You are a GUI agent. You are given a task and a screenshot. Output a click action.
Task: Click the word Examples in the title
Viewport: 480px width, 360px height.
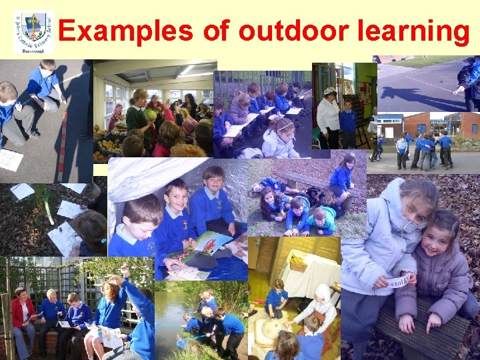(124, 31)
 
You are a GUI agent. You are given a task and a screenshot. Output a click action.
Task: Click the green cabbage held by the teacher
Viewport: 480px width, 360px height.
(150, 114)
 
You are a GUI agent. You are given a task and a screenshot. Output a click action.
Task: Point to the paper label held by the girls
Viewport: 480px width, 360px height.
(399, 281)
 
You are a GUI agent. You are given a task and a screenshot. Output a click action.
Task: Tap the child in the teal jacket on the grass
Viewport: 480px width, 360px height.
(322, 221)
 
